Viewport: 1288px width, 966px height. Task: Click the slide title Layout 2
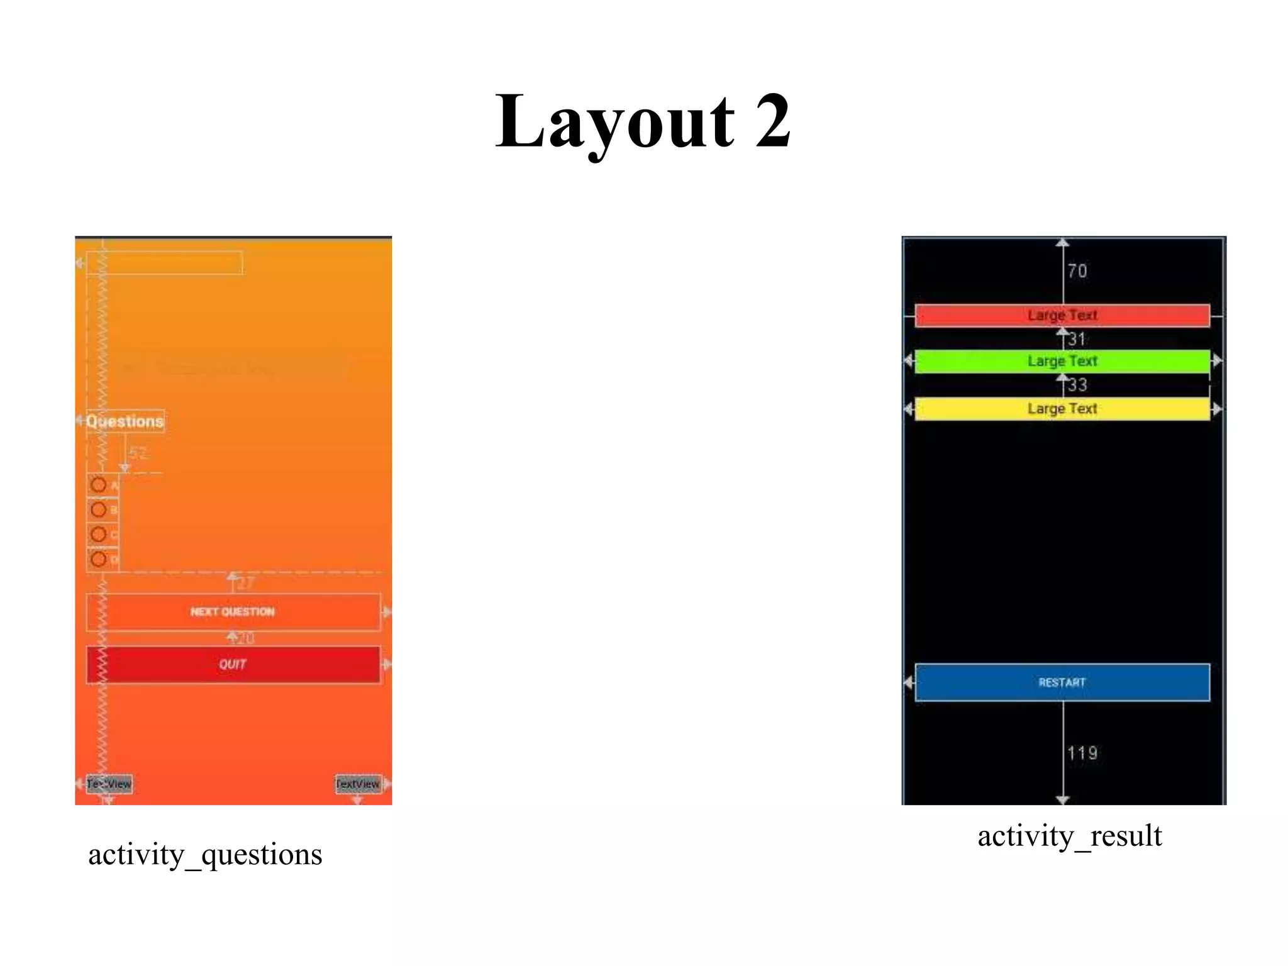point(643,121)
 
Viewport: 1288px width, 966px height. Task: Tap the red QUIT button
point(233,664)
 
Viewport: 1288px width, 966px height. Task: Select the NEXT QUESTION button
point(233,612)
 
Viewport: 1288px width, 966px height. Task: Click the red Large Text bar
point(1062,315)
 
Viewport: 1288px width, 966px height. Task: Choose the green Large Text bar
point(1062,361)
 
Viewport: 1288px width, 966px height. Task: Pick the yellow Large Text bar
point(1062,409)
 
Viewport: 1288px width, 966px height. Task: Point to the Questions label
point(125,421)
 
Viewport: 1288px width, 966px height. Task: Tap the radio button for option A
point(99,485)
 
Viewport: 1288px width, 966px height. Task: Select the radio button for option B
point(99,509)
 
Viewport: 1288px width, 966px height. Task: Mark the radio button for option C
point(99,535)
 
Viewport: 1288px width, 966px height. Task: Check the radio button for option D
point(99,559)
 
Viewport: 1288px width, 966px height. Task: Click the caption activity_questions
point(205,855)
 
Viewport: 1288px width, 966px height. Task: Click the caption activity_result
point(1069,836)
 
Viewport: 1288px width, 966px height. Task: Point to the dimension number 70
point(1077,271)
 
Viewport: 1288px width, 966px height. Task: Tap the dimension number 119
point(1082,753)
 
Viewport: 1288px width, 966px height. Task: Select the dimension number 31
point(1077,340)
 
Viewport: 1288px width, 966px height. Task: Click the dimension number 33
point(1077,385)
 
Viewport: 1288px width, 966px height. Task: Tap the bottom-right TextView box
point(358,784)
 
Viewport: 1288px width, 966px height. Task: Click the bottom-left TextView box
point(109,784)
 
